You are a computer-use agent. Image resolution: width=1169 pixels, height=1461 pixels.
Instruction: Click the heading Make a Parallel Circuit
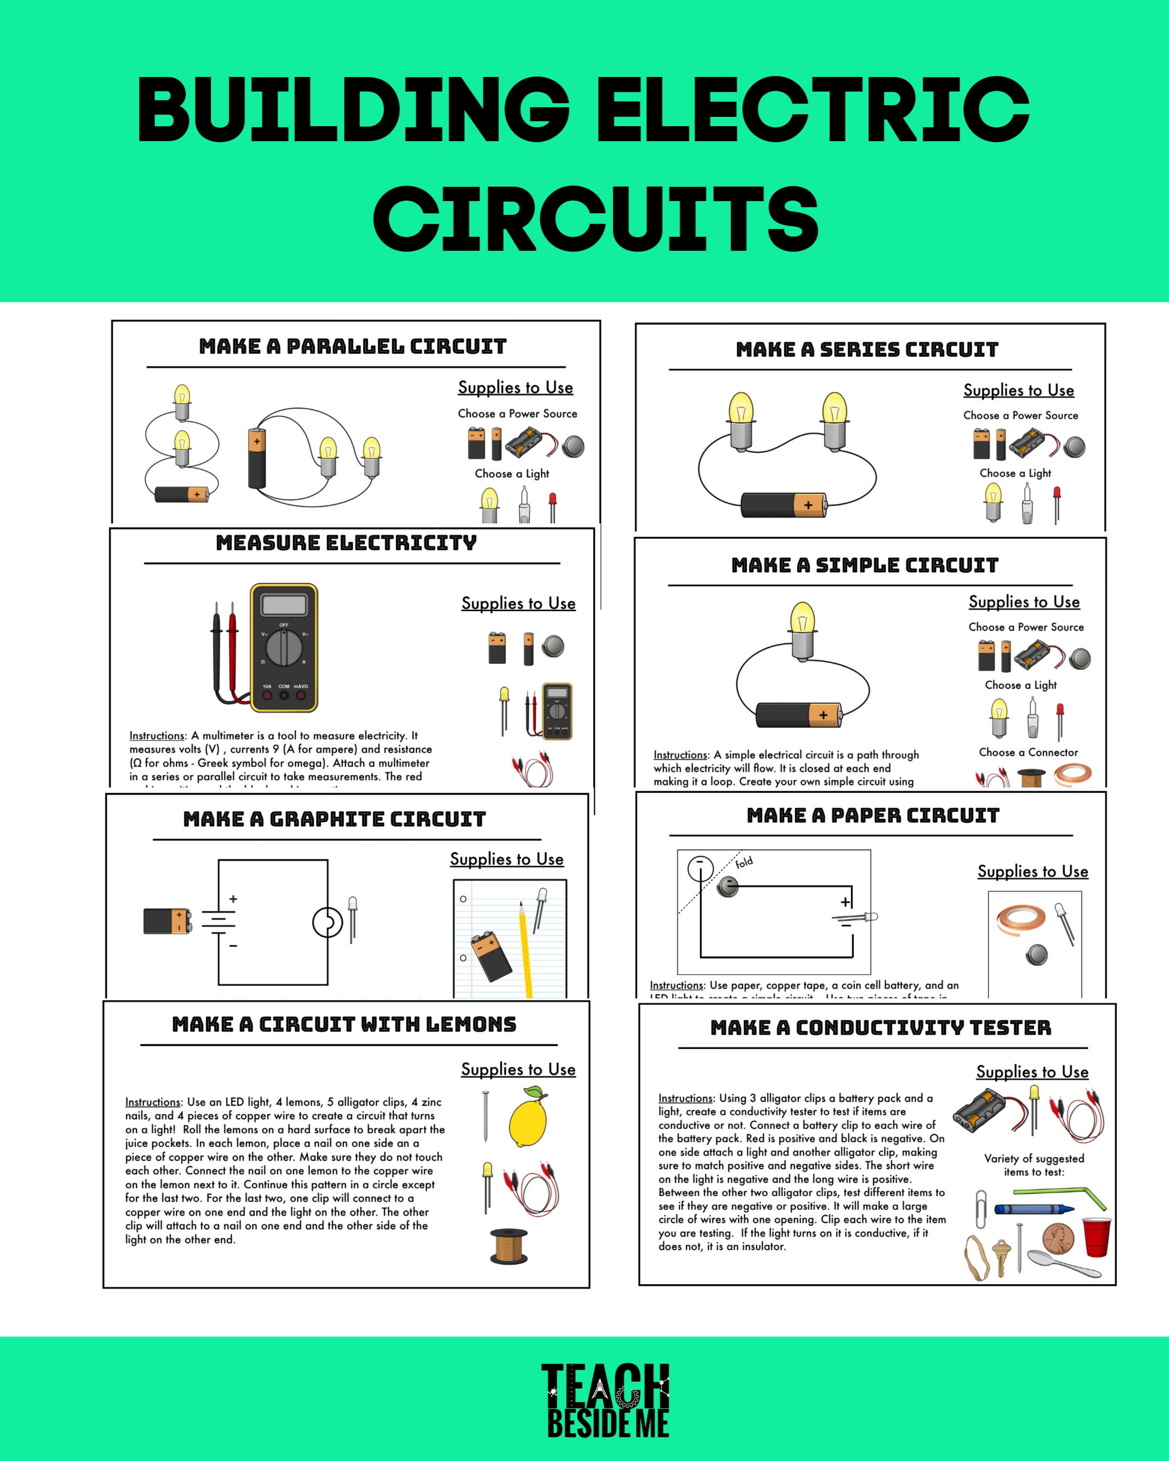[x=352, y=346]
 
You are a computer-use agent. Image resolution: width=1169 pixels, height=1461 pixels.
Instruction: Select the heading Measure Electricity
[x=346, y=543]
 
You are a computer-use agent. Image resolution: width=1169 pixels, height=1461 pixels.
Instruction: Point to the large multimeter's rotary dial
[x=283, y=648]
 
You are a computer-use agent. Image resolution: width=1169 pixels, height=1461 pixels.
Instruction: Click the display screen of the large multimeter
[x=283, y=604]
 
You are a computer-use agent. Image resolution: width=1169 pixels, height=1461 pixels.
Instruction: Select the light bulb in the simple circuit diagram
[x=802, y=630]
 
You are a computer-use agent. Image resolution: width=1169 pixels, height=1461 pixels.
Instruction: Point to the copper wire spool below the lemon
[x=508, y=1247]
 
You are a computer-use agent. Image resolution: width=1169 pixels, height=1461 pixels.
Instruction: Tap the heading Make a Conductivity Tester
[x=880, y=1028]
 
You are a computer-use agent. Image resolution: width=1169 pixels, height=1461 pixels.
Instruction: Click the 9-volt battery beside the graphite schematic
[x=167, y=921]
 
